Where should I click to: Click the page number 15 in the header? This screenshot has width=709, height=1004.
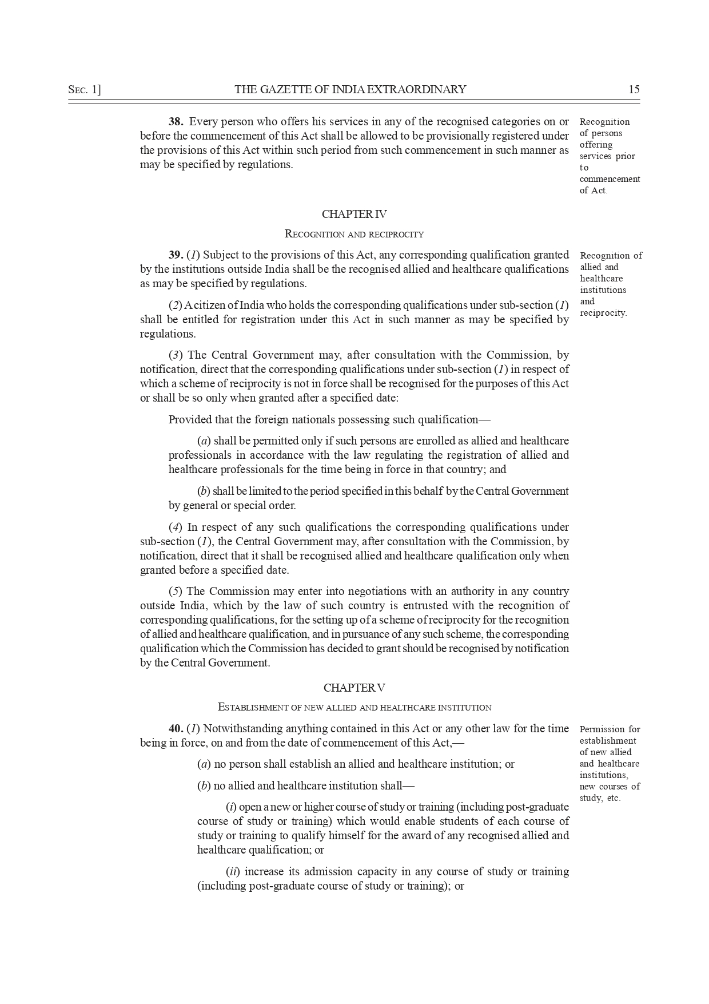[634, 89]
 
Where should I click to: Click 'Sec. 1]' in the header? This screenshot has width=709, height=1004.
[84, 89]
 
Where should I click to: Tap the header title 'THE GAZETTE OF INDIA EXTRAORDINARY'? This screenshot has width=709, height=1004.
[350, 89]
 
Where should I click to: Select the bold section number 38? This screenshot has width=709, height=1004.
[176, 122]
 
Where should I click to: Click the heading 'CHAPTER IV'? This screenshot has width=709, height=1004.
[354, 215]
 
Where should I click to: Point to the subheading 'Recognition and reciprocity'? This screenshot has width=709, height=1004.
[354, 234]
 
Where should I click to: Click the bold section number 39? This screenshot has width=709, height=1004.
[176, 255]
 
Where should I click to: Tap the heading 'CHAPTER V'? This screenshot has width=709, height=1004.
[354, 688]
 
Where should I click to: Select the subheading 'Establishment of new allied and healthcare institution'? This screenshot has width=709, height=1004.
[354, 708]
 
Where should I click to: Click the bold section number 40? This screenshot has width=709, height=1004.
[176, 729]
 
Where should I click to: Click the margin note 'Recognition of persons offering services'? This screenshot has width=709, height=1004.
[610, 156]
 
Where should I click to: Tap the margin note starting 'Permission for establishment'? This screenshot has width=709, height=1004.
[610, 763]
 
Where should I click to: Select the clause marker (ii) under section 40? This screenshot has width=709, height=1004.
[233, 872]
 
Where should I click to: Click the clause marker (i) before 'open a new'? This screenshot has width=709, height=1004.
[231, 807]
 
